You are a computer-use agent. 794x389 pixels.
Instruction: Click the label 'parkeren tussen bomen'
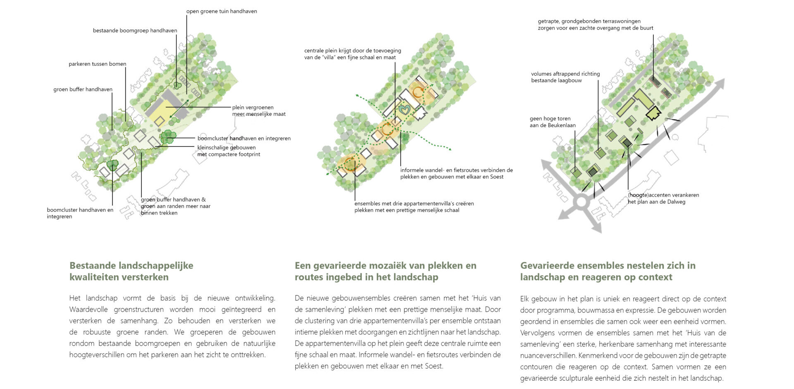click(97, 64)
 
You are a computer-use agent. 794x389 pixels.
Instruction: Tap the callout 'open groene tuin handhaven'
click(221, 12)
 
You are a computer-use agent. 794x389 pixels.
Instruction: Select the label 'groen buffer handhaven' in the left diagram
click(83, 89)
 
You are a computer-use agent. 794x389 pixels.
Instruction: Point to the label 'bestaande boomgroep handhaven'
click(135, 31)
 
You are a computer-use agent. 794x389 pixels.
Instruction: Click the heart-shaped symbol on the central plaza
click(405, 110)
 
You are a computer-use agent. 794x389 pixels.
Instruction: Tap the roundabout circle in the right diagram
click(581, 202)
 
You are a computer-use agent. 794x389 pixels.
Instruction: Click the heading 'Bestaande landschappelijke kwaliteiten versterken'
click(131, 271)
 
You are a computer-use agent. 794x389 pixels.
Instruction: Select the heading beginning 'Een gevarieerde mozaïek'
click(385, 271)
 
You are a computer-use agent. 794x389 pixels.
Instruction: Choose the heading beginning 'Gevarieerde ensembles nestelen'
click(607, 271)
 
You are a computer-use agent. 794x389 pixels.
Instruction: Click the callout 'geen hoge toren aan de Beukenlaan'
click(552, 122)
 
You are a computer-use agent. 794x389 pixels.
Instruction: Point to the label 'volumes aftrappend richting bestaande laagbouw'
click(565, 77)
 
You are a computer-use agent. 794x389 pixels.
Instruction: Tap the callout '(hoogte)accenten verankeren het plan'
click(663, 198)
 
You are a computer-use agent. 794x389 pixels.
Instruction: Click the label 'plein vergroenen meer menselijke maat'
click(258, 110)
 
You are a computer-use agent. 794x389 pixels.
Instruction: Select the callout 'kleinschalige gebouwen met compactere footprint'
click(229, 151)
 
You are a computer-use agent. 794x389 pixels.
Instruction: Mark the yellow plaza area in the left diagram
click(165, 114)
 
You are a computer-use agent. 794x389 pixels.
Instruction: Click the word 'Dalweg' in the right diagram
click(677, 202)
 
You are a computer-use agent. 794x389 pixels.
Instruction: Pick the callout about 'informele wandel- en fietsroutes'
click(456, 173)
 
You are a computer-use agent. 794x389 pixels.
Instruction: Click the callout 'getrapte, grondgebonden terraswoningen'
click(595, 24)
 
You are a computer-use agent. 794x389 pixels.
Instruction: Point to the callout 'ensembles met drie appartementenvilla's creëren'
click(414, 207)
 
